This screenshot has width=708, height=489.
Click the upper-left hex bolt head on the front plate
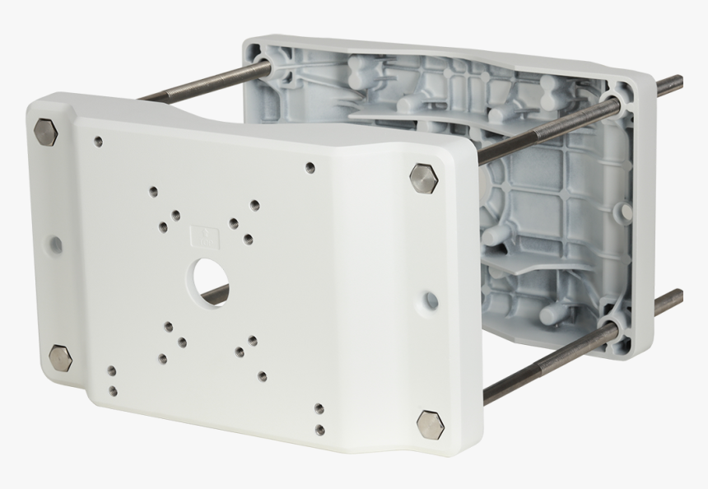click(45, 132)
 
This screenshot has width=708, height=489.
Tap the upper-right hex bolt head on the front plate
click(422, 178)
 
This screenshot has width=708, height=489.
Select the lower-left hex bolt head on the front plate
click(60, 358)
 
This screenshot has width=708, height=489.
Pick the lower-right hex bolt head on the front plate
click(430, 423)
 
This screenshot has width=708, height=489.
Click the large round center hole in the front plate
click(211, 278)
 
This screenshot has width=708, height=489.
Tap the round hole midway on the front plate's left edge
click(55, 244)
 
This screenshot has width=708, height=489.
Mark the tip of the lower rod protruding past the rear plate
click(678, 296)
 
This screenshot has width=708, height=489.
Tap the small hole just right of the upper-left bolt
click(98, 142)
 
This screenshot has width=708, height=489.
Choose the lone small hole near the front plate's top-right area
click(310, 168)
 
